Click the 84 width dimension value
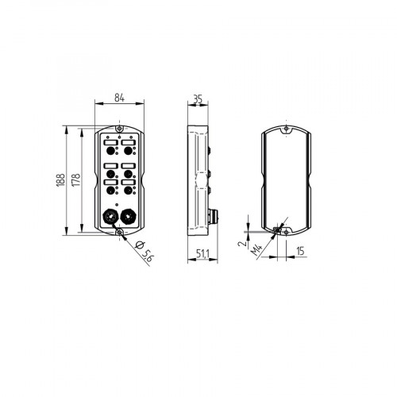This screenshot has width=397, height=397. pyautogui.click(x=119, y=98)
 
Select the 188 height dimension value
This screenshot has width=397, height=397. pyautogui.click(x=61, y=180)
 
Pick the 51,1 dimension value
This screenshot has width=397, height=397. pyautogui.click(x=202, y=253)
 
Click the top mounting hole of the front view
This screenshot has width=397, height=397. pyautogui.click(x=118, y=129)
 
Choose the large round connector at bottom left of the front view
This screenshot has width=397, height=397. pyautogui.click(x=110, y=216)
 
